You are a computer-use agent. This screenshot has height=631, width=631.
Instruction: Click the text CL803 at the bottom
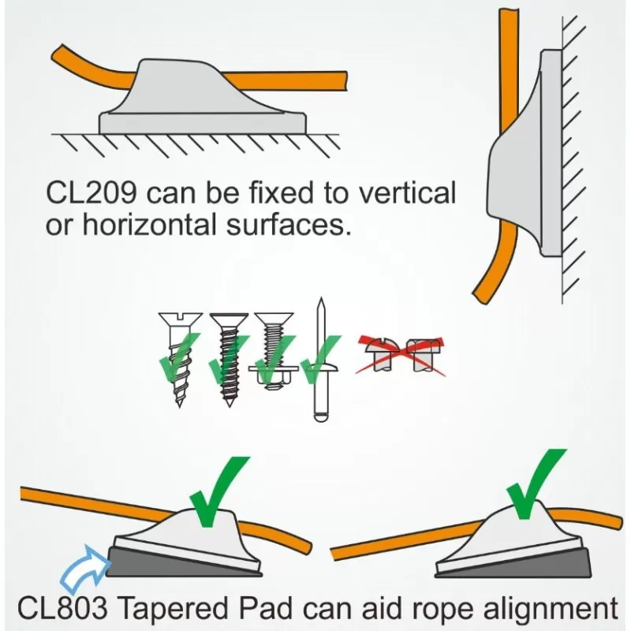(x=66, y=610)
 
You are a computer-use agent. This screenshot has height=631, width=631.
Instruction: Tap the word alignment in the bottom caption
(x=541, y=610)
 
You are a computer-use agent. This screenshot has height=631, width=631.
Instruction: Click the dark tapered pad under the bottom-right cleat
(x=552, y=562)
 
